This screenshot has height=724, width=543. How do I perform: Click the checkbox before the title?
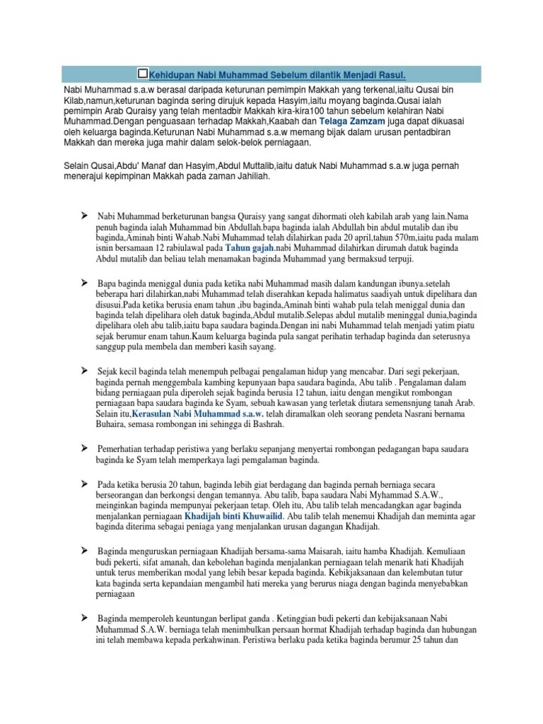[144, 74]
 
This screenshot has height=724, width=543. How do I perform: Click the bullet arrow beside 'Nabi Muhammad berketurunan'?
[83, 213]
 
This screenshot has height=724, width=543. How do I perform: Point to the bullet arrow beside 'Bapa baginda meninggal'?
[83, 281]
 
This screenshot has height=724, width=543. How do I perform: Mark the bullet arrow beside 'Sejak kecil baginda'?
[83, 369]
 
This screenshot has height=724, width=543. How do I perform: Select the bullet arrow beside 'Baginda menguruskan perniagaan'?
[83, 549]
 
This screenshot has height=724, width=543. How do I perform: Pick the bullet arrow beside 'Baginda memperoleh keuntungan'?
[83, 616]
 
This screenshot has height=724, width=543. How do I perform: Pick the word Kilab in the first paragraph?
[73, 103]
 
